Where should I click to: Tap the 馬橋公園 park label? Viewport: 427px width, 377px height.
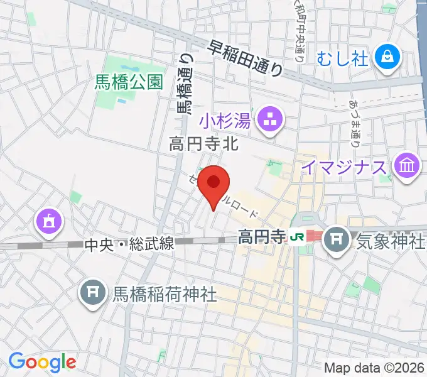point(129,81)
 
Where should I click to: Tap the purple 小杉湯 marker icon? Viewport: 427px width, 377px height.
point(271,117)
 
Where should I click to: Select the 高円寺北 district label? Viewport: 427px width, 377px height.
point(203,145)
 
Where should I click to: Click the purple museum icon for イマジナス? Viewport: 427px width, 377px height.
point(406,167)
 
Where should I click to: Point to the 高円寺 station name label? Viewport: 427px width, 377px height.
point(261,237)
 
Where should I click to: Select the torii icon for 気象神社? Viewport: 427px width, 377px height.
point(338,239)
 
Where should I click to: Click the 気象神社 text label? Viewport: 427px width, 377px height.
point(391,241)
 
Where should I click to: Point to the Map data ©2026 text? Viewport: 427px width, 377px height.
point(375,367)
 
